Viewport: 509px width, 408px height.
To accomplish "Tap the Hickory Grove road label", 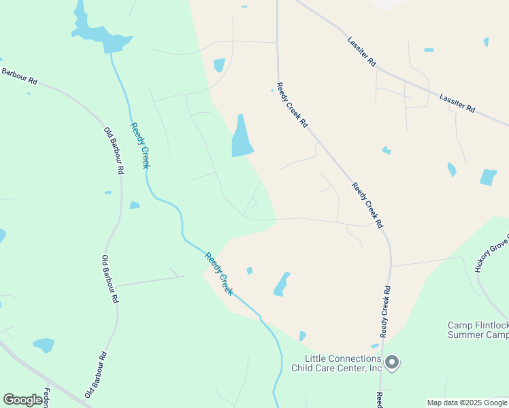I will click(x=492, y=254).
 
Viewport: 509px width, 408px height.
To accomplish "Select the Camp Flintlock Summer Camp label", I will click(x=478, y=330).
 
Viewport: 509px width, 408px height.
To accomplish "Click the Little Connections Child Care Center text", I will click(x=336, y=363).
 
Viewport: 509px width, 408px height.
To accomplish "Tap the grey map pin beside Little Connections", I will click(x=392, y=362).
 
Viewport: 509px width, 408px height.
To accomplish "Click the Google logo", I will click(x=22, y=400).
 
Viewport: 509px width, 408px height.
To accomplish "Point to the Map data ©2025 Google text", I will click(x=467, y=403).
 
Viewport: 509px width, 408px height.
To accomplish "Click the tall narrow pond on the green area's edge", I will click(x=242, y=136).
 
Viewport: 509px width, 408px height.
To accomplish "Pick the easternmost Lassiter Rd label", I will click(x=457, y=103).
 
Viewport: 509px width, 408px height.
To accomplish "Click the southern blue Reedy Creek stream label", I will click(x=220, y=273).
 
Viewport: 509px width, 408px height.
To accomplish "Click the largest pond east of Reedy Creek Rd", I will click(x=489, y=177).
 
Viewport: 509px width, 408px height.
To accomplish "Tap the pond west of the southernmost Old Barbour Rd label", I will click(x=44, y=345).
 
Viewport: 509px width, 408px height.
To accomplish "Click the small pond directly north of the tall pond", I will click(x=219, y=65).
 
